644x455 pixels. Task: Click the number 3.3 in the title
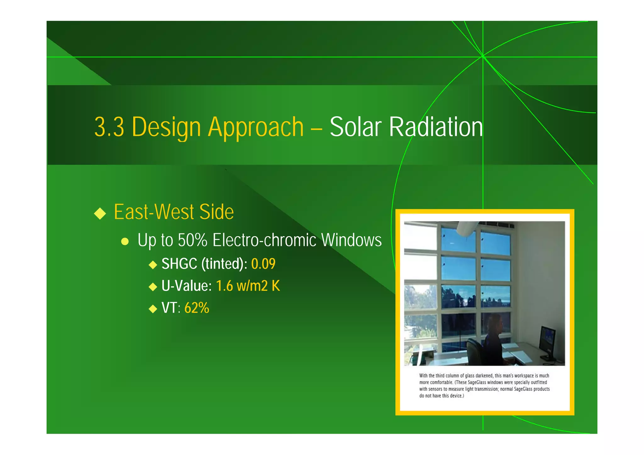coord(109,127)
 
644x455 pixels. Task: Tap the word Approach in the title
coord(256,127)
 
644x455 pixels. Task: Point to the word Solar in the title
coord(355,127)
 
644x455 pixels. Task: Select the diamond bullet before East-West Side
coord(100,213)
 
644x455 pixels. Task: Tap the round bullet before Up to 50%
coord(125,241)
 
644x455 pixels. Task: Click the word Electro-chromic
coord(264,240)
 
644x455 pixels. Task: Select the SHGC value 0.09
coord(263,264)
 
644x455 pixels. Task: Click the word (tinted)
coord(224,264)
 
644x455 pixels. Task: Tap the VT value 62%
coord(197,308)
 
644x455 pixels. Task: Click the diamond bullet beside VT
coord(153,309)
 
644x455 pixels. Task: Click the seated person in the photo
coord(492,339)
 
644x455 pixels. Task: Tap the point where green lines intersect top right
coord(483,57)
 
